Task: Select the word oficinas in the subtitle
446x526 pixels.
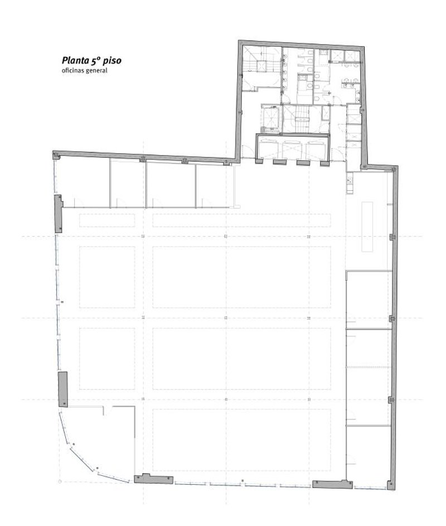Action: [72, 70]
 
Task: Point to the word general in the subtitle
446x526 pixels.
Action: [96, 71]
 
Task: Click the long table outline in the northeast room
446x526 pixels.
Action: [367, 226]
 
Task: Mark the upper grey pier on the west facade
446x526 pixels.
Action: [59, 213]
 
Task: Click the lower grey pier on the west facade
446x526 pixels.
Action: [62, 389]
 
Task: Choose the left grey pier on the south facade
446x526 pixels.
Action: [153, 479]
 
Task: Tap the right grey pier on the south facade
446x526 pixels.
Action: [332, 484]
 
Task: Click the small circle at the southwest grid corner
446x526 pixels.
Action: [60, 482]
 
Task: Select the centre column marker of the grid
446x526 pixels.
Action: [226, 317]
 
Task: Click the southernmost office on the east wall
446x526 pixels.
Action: [369, 455]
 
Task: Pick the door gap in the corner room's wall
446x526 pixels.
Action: [108, 407]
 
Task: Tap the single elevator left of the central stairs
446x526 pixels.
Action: [270, 118]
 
